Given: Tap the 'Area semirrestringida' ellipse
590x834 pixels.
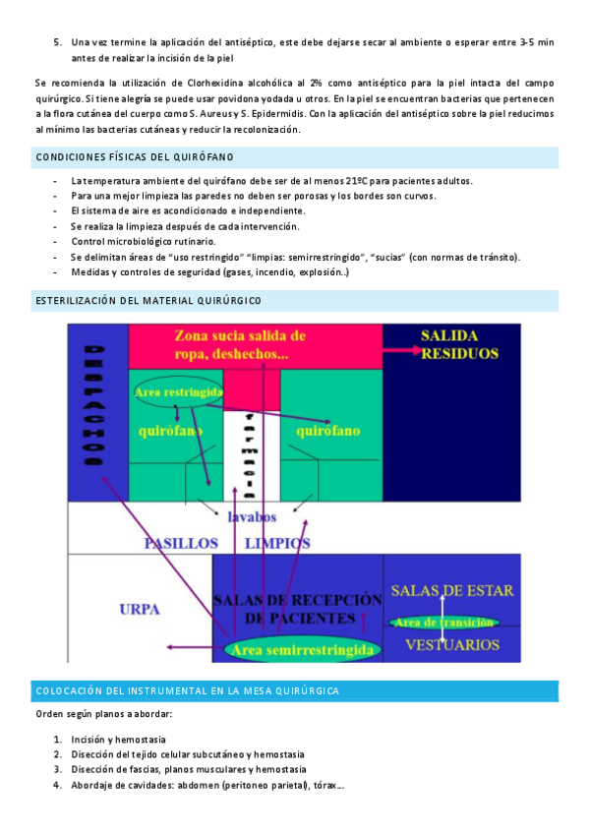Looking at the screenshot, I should pyautogui.click(x=299, y=650).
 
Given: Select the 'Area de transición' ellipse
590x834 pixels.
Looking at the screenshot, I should pyautogui.click(x=443, y=622).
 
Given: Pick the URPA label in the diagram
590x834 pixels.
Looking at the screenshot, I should pyautogui.click(x=140, y=607).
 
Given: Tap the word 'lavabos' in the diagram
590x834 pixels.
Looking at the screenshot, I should pyautogui.click(x=252, y=516).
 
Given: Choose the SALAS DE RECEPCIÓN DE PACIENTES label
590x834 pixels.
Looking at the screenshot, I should pyautogui.click(x=297, y=609).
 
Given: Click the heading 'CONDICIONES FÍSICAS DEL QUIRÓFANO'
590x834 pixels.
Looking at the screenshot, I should pyautogui.click(x=135, y=157).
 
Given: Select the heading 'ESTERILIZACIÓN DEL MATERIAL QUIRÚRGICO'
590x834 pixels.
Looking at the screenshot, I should pyautogui.click(x=148, y=300).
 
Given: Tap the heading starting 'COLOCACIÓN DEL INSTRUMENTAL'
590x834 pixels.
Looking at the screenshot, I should pyautogui.click(x=187, y=691).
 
